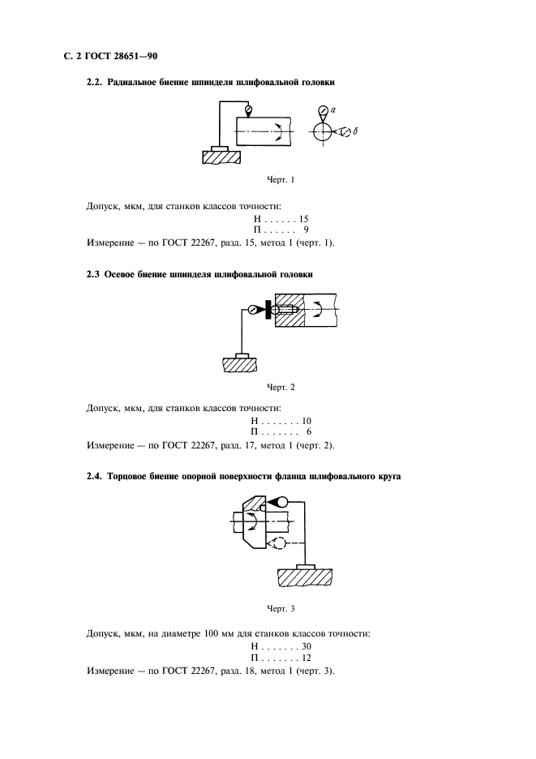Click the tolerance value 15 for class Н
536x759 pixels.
(x=304, y=219)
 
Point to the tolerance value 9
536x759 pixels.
(x=306, y=230)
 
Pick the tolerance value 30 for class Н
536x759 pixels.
(x=307, y=645)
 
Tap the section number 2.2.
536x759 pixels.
(x=96, y=82)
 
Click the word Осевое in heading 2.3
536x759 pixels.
(x=126, y=275)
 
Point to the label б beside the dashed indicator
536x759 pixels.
(x=357, y=131)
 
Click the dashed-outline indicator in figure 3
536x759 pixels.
(x=277, y=543)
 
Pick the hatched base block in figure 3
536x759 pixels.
(x=305, y=577)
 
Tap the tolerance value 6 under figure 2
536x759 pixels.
(x=309, y=432)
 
